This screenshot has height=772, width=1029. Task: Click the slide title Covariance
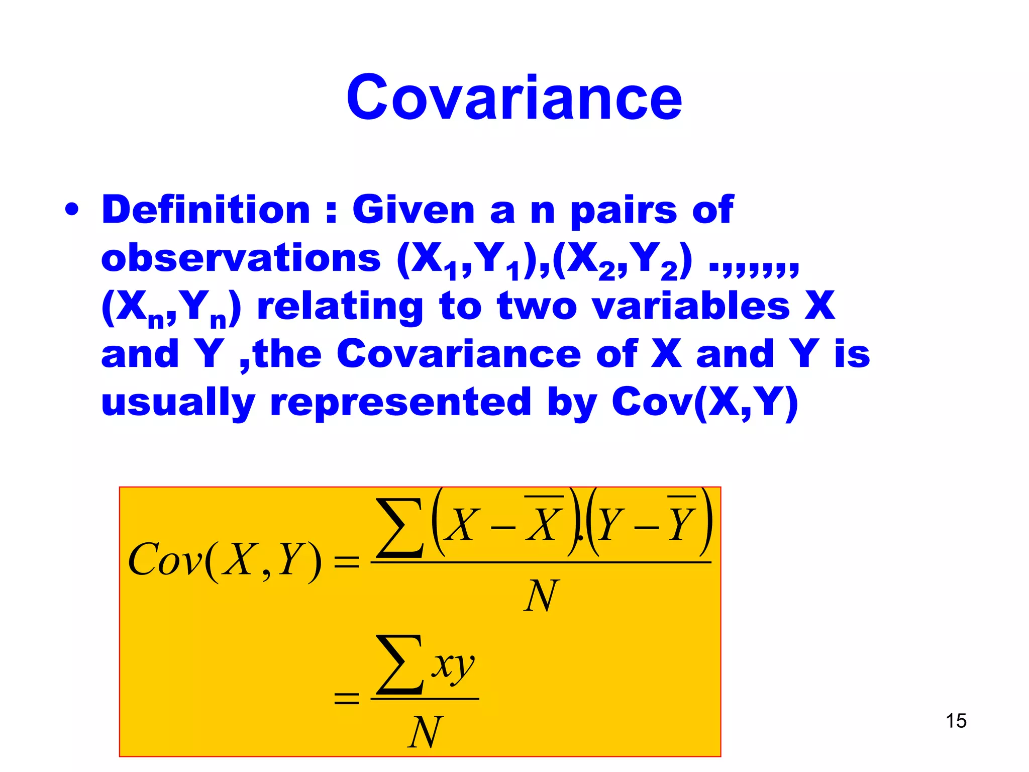514,98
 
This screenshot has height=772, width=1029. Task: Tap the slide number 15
956,721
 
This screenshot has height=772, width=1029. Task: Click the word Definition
206,210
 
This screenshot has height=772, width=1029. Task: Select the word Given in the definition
413,210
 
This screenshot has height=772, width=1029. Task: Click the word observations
241,258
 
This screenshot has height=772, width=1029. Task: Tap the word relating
340,307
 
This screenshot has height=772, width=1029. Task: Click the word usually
178,403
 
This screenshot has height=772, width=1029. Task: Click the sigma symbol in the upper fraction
400,528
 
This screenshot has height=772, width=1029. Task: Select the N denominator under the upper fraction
541,596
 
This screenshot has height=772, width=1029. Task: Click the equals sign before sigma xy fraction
347,698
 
